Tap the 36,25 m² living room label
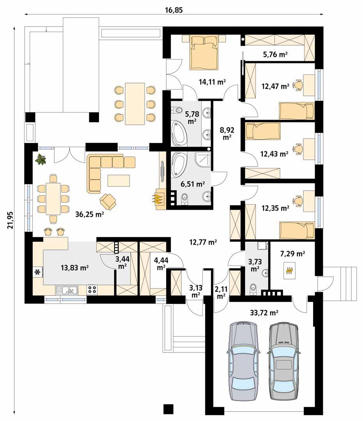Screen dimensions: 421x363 click(89, 214)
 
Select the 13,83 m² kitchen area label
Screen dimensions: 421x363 click(75, 267)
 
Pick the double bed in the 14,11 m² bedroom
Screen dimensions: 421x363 click(204, 51)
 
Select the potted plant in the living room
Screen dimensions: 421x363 click(41, 159)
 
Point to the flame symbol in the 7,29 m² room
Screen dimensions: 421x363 click(289, 270)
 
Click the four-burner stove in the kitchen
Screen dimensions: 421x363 click(92, 289)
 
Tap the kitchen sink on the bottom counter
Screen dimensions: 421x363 click(67, 290)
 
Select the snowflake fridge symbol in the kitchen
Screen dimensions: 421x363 click(38, 272)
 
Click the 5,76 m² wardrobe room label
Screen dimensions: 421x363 click(275, 55)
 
